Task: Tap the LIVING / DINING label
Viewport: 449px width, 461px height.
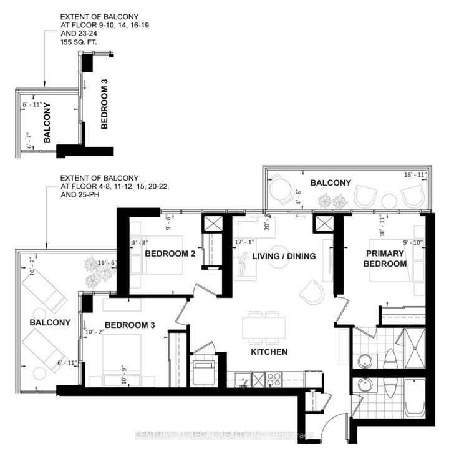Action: click(x=284, y=256)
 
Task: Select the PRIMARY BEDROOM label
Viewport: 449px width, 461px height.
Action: click(x=386, y=259)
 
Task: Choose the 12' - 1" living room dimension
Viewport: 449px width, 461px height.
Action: click(x=244, y=242)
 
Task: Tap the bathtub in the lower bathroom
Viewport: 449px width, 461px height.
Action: click(x=414, y=399)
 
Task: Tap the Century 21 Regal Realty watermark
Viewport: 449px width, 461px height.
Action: click(x=224, y=435)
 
